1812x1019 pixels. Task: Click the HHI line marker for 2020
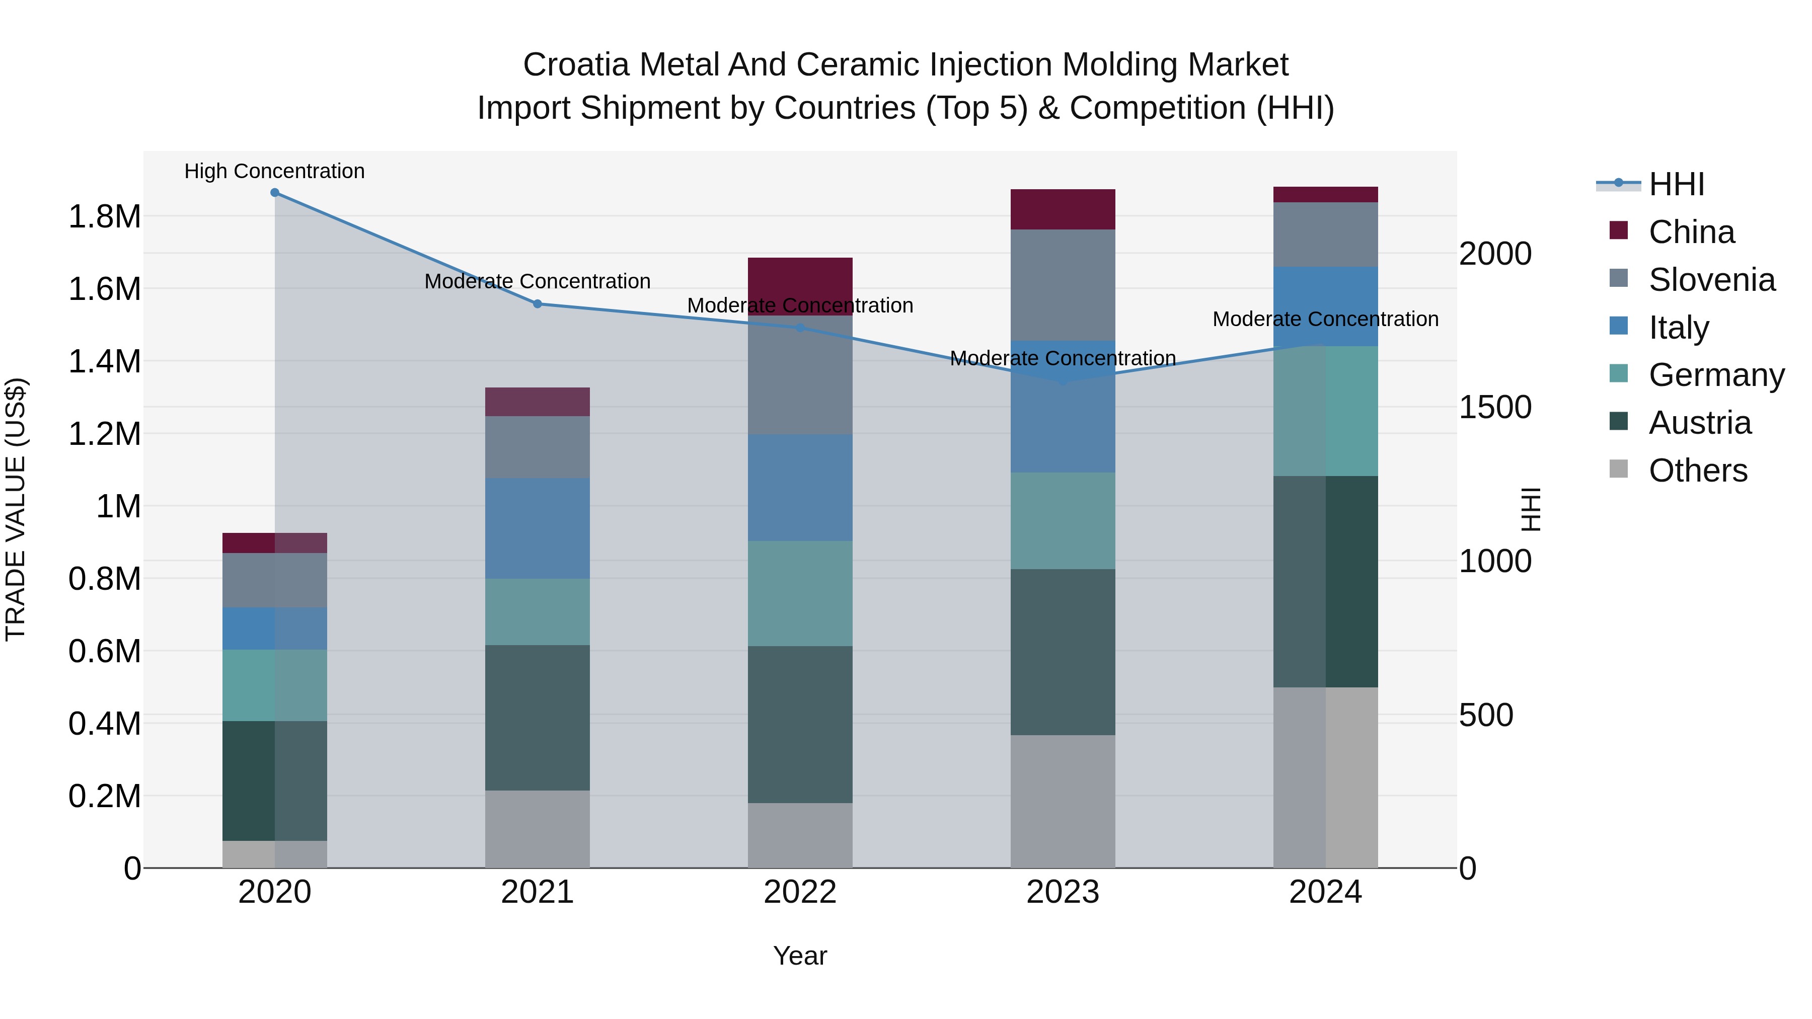(x=275, y=193)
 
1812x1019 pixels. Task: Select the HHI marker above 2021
(x=538, y=304)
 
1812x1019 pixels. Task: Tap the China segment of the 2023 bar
(x=1063, y=209)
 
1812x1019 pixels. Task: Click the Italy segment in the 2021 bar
(x=538, y=528)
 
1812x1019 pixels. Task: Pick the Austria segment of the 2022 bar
(x=800, y=724)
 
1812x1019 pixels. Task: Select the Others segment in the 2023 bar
(x=1063, y=802)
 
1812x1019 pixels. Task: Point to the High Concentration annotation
(x=274, y=172)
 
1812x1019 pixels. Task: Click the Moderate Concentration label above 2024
(x=1325, y=319)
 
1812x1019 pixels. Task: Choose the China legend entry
(x=1691, y=232)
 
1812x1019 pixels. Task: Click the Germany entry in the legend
(x=1716, y=375)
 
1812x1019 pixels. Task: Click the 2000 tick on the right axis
(x=1495, y=254)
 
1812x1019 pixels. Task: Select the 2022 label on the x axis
(x=800, y=892)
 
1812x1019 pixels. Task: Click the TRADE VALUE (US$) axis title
(x=16, y=509)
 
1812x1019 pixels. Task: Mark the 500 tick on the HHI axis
(x=1486, y=715)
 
